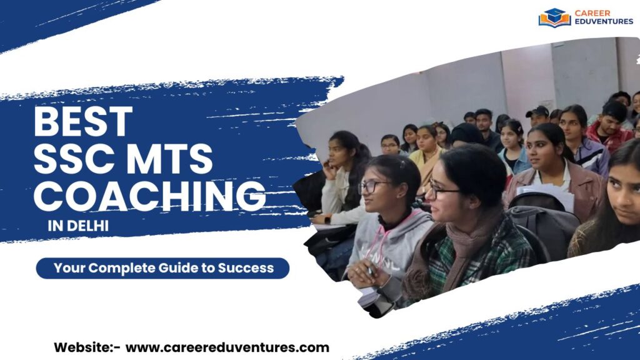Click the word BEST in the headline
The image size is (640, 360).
point(83,121)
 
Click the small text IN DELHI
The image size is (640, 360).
point(77,226)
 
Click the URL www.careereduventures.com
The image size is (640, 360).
point(227,347)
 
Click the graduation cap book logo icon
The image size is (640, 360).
point(554,17)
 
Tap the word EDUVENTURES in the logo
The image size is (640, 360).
point(604,22)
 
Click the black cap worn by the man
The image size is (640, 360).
point(537,112)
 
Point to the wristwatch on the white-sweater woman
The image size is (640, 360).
point(327,219)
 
